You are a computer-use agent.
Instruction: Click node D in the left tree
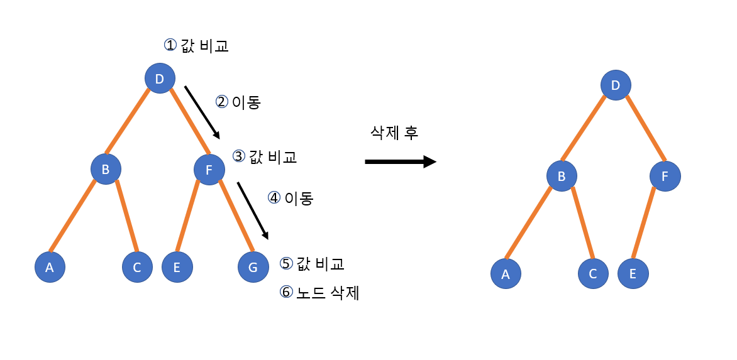pos(160,79)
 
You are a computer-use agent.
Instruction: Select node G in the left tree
pos(253,267)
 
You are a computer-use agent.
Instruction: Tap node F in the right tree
pos(665,177)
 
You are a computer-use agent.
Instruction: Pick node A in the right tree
pos(506,274)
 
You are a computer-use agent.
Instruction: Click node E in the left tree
pos(177,267)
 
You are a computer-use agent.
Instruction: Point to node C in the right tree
pos(593,274)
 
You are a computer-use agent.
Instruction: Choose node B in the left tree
pos(106,169)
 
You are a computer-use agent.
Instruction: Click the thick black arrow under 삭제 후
pos(400,161)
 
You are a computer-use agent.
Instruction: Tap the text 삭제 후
pos(394,133)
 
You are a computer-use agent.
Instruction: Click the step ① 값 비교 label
pos(196,46)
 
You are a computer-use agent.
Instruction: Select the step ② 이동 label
pos(238,102)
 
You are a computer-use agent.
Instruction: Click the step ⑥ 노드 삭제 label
pos(319,292)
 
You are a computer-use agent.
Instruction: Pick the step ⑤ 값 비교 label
pos(313,263)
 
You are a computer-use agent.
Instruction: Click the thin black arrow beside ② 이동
pos(202,112)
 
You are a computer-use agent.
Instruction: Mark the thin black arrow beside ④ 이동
pos(252,211)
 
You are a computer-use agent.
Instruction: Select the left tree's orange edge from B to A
pos(72,216)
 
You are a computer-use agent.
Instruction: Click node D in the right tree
pos(616,85)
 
